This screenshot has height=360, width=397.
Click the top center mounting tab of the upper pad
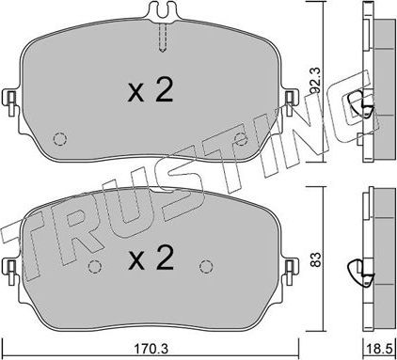click(x=162, y=13)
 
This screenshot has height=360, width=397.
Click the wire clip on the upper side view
click(x=358, y=105)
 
